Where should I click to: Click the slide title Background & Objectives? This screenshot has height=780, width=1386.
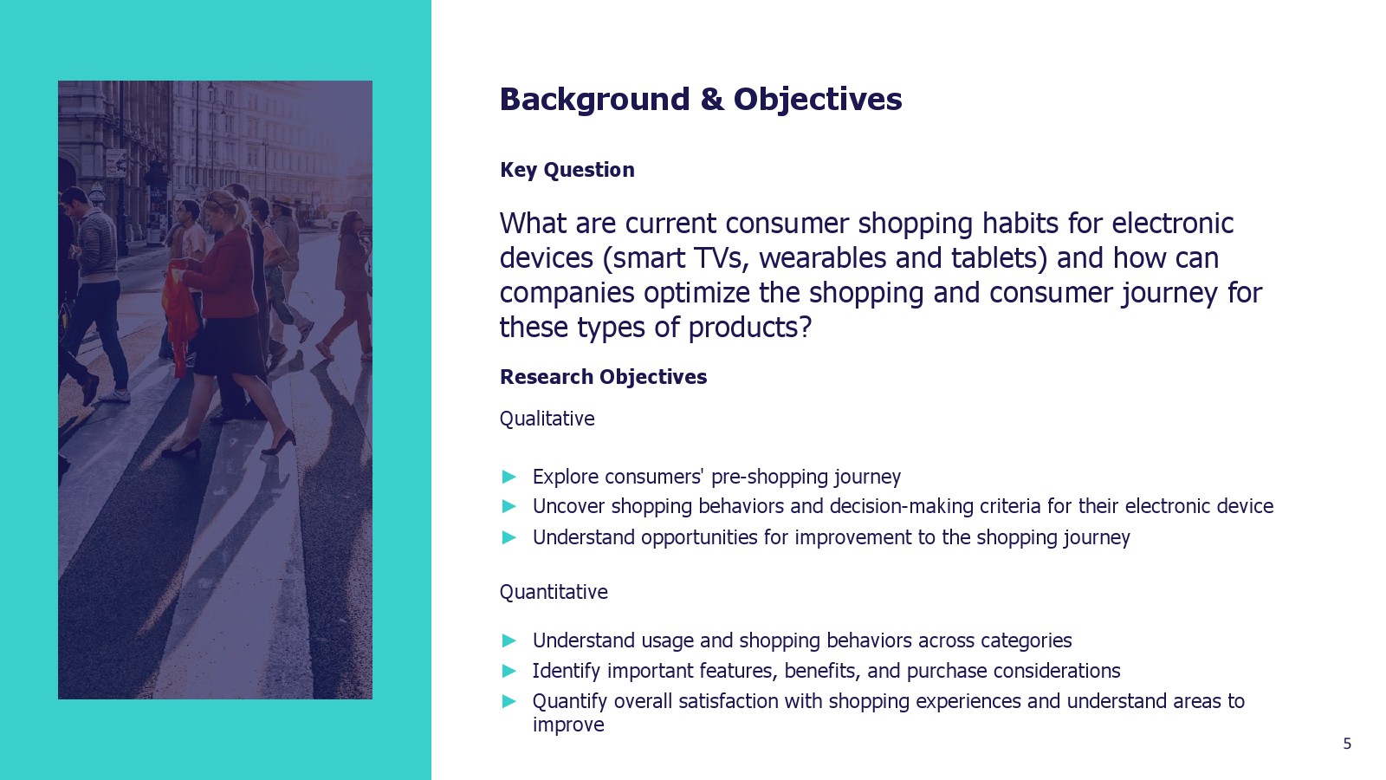click(701, 100)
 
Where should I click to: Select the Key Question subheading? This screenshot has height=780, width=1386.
click(567, 170)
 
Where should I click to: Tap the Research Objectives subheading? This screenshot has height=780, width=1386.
click(603, 377)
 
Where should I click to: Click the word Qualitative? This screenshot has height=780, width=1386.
click(547, 419)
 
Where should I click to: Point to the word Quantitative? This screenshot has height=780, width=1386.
click(554, 593)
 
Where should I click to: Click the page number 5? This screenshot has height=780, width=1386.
click(1347, 744)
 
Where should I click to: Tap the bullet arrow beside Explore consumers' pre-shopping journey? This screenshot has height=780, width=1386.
click(509, 477)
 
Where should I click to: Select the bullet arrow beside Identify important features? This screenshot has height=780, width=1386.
click(509, 671)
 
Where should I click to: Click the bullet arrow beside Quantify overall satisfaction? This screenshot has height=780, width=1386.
click(509, 701)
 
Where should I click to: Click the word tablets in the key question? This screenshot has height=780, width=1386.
click(1000, 258)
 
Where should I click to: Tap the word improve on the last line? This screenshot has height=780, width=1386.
click(568, 725)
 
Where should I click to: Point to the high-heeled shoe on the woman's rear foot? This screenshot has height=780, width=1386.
click(183, 447)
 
